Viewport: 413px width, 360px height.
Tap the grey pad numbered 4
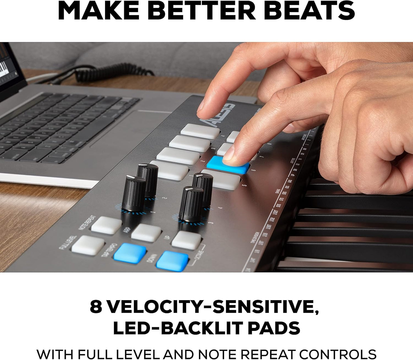pyautogui.click(x=200, y=131)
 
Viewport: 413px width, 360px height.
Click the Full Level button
pyautogui.click(x=88, y=245)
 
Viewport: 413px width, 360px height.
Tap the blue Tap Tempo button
pyautogui.click(x=130, y=253)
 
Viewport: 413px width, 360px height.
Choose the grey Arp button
pyautogui.click(x=146, y=232)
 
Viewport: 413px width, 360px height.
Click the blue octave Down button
pyautogui.click(x=172, y=261)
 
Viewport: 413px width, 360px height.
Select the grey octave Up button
pyautogui.click(x=186, y=240)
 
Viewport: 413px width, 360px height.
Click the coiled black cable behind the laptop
pyautogui.click(x=114, y=72)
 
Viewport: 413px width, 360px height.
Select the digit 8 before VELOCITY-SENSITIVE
pyautogui.click(x=96, y=307)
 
